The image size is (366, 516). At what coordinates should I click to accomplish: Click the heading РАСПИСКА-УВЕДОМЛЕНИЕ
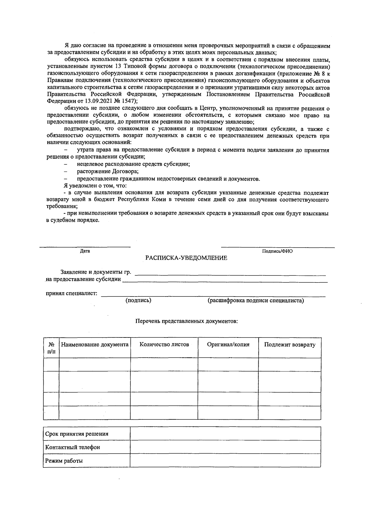tap(186, 258)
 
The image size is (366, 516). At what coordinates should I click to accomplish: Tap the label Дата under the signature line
tap(85, 251)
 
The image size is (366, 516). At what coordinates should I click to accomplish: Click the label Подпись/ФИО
tap(277, 251)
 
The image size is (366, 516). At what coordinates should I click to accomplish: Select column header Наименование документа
tap(95, 345)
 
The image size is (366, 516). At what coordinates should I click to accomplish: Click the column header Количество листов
tap(164, 345)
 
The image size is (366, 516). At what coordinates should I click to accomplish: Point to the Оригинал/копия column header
tap(228, 345)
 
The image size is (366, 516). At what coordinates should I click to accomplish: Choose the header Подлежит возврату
tap(289, 345)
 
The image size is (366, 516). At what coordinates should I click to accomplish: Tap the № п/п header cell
tap(51, 348)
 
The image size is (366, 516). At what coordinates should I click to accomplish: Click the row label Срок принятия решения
tap(77, 434)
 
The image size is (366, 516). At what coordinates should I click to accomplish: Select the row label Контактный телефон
tap(73, 447)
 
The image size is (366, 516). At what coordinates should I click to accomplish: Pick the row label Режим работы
tap(64, 461)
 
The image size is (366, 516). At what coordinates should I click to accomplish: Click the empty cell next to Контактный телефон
tap(225, 447)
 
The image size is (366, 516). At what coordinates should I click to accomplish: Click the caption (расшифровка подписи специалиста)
tap(256, 300)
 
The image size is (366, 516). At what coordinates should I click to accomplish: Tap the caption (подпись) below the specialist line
tap(138, 300)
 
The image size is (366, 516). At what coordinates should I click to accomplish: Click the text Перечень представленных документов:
tap(186, 321)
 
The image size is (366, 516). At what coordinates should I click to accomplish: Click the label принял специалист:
tap(71, 293)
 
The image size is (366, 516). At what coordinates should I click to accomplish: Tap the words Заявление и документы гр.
tap(95, 272)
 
